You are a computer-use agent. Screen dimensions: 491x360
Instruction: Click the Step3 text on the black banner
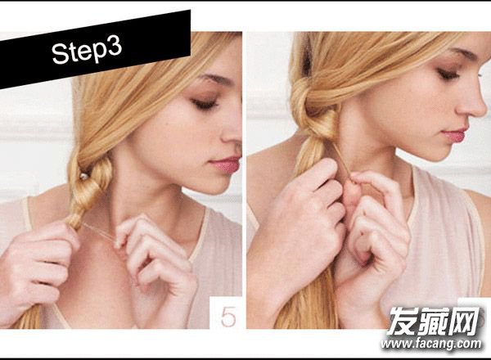point(87,50)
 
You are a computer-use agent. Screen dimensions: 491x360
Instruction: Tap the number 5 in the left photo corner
point(228,317)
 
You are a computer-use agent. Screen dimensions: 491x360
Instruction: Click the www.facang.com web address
point(431,344)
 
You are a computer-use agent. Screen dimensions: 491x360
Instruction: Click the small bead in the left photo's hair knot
point(83,177)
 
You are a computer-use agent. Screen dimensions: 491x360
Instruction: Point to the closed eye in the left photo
point(205,104)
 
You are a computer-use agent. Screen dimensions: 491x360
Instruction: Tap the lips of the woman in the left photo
point(226,164)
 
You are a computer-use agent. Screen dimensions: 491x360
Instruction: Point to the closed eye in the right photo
point(448,74)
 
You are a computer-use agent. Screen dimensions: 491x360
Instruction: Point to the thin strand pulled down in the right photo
point(342,160)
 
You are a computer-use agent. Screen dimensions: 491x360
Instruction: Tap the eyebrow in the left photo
point(215,80)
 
